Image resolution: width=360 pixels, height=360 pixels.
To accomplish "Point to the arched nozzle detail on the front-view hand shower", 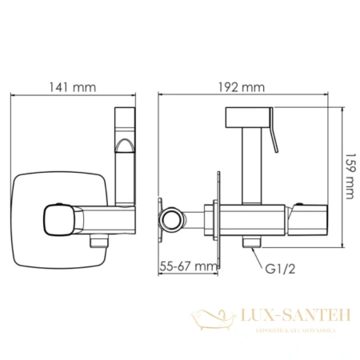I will [x=126, y=146].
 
